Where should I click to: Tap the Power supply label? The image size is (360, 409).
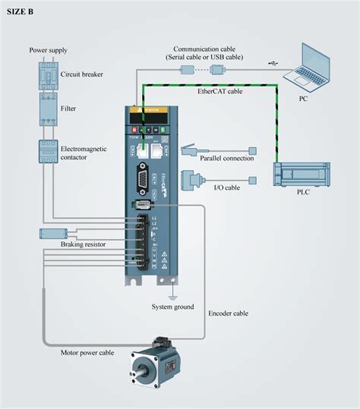48,50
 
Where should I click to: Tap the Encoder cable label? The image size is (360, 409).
228,313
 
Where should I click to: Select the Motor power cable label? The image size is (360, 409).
89,352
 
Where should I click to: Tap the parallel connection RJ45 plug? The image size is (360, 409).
188,149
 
